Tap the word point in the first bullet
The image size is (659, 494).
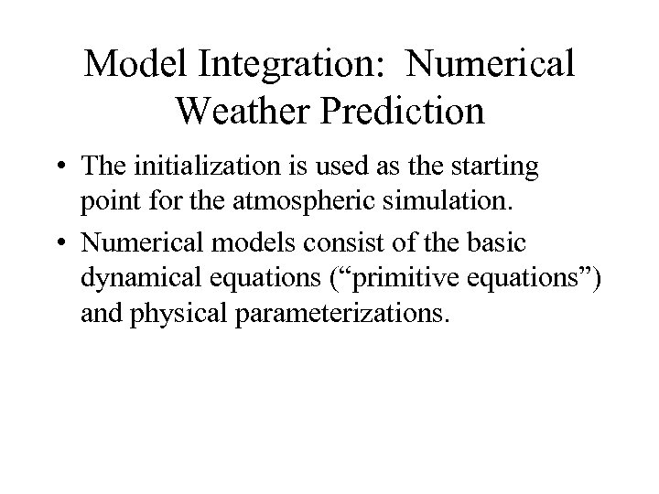coord(107,200)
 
